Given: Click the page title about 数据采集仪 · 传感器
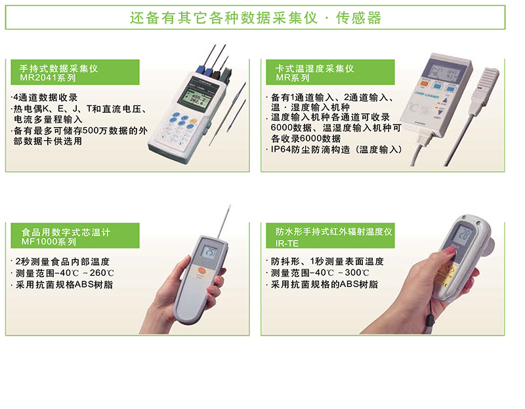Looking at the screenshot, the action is pyautogui.click(x=255, y=18).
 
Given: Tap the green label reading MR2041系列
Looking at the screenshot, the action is pyautogui.click(x=48, y=78).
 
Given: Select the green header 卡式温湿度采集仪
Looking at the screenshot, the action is pyautogui.click(x=314, y=69).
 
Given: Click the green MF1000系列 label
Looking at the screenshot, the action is pyautogui.click(x=49, y=241).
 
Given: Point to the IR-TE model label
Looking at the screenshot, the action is pyautogui.click(x=287, y=243).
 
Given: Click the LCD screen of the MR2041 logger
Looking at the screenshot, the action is pyautogui.click(x=194, y=96).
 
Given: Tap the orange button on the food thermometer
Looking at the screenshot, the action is pyautogui.click(x=201, y=271).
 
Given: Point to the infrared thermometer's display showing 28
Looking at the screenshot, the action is pyautogui.click(x=463, y=234).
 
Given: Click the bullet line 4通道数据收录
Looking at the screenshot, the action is pyautogui.click(x=45, y=97).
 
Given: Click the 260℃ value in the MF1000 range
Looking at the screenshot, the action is pyautogui.click(x=102, y=273).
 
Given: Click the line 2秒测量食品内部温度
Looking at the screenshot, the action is pyautogui.click(x=62, y=262).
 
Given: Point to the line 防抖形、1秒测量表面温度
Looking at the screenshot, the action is pyautogui.click(x=327, y=261).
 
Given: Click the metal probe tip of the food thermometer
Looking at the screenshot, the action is pyautogui.click(x=224, y=222).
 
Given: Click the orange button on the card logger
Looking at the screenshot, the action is pyautogui.click(x=425, y=83).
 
